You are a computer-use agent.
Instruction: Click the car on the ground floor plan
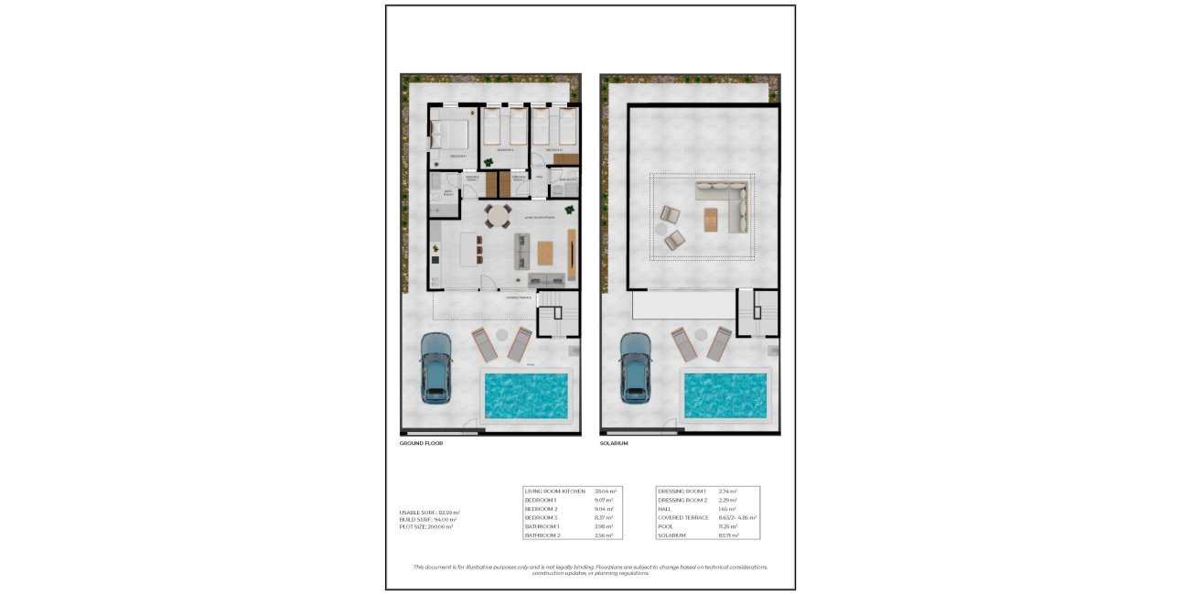coord(435,367)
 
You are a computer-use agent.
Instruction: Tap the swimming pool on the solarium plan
coord(726,395)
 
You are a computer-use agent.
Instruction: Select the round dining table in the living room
coord(499,218)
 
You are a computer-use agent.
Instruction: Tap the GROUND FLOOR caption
coord(422,443)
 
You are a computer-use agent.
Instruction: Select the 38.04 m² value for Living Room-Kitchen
coord(606,492)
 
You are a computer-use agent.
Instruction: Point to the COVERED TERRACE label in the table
coord(683,518)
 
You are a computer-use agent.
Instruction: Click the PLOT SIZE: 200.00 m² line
coord(426,527)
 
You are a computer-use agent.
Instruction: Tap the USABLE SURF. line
coord(430,512)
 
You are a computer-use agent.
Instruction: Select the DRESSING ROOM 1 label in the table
coord(682,492)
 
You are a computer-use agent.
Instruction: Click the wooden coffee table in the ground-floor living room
coord(545,251)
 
